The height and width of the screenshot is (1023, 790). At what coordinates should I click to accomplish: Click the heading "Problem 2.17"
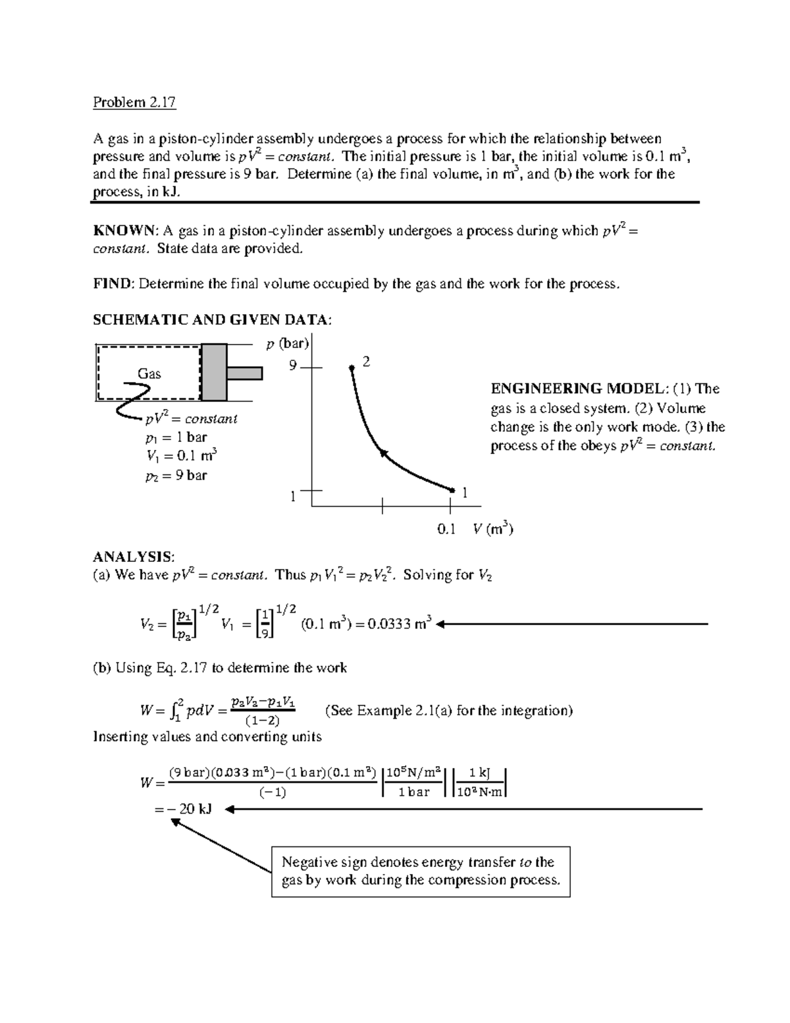click(134, 102)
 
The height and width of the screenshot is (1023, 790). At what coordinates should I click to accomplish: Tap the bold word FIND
click(113, 284)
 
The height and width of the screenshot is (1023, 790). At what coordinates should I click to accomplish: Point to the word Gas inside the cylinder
click(149, 373)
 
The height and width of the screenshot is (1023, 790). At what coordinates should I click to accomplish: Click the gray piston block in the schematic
click(214, 372)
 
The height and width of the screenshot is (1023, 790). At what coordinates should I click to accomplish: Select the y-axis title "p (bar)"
click(287, 344)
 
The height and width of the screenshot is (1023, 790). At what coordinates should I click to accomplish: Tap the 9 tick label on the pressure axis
click(293, 366)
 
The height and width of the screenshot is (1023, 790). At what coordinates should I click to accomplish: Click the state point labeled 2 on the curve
click(352, 368)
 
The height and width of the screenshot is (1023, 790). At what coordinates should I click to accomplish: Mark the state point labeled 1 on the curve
click(452, 490)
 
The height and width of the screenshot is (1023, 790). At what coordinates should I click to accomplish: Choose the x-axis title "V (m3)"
click(492, 528)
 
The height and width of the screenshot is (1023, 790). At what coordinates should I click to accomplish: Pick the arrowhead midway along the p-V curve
click(382, 452)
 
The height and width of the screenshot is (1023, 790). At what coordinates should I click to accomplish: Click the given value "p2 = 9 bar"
click(176, 475)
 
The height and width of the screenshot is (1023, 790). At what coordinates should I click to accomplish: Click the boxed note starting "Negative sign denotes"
click(421, 871)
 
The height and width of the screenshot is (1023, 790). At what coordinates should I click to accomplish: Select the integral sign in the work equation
click(173, 711)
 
